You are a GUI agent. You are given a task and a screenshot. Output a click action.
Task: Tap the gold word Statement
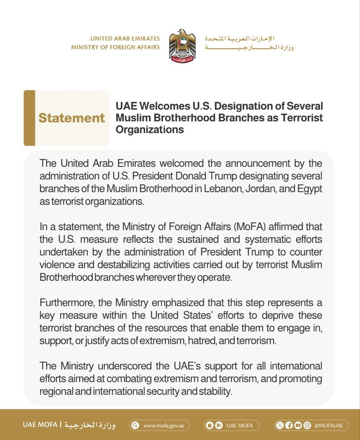tap(71, 118)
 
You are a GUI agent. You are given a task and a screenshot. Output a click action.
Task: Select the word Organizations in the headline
tap(150, 129)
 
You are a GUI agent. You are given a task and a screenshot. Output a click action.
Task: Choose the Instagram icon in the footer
tap(307, 426)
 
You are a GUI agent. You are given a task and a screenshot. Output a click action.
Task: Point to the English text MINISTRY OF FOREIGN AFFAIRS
tap(115, 47)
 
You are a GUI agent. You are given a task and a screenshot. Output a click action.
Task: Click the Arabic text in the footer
tap(90, 425)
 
